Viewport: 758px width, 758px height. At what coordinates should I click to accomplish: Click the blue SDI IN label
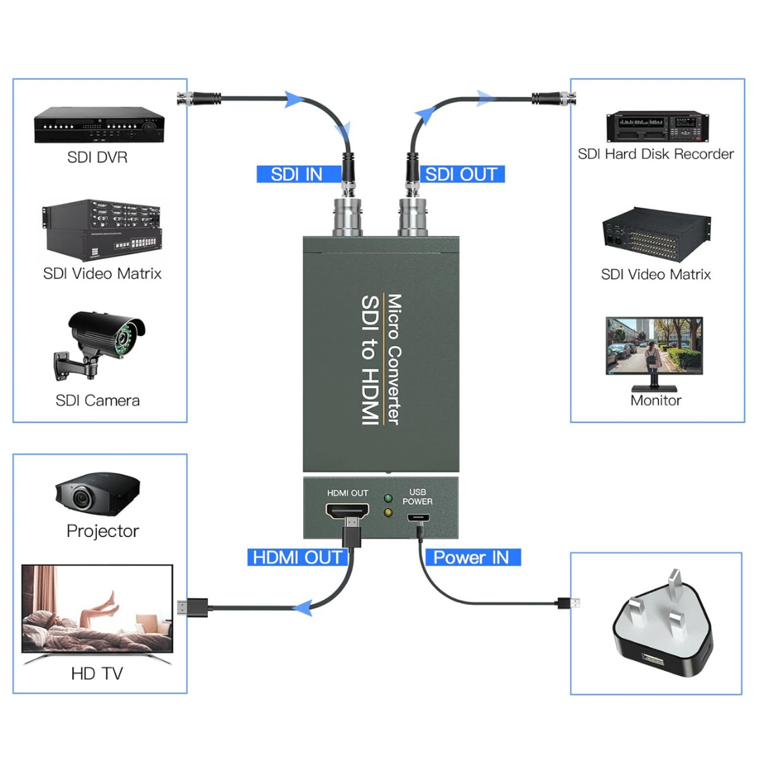tap(297, 175)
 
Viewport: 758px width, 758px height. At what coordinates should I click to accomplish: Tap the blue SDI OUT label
tap(461, 175)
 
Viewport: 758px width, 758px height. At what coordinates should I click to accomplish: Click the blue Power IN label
tap(472, 557)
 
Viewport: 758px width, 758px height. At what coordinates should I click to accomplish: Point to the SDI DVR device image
tap(99, 125)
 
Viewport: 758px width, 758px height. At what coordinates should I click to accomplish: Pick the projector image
tap(97, 496)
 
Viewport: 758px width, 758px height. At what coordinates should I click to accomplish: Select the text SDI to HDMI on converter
tap(368, 359)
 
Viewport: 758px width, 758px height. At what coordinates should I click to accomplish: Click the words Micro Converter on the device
tap(394, 359)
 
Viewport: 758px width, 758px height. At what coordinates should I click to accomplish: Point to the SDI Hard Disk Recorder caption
tap(656, 154)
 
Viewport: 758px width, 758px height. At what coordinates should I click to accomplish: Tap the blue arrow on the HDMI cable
tap(302, 608)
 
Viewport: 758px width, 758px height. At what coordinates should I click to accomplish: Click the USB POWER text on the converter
tap(417, 497)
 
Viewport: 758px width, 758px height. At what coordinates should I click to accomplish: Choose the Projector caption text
tap(102, 531)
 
